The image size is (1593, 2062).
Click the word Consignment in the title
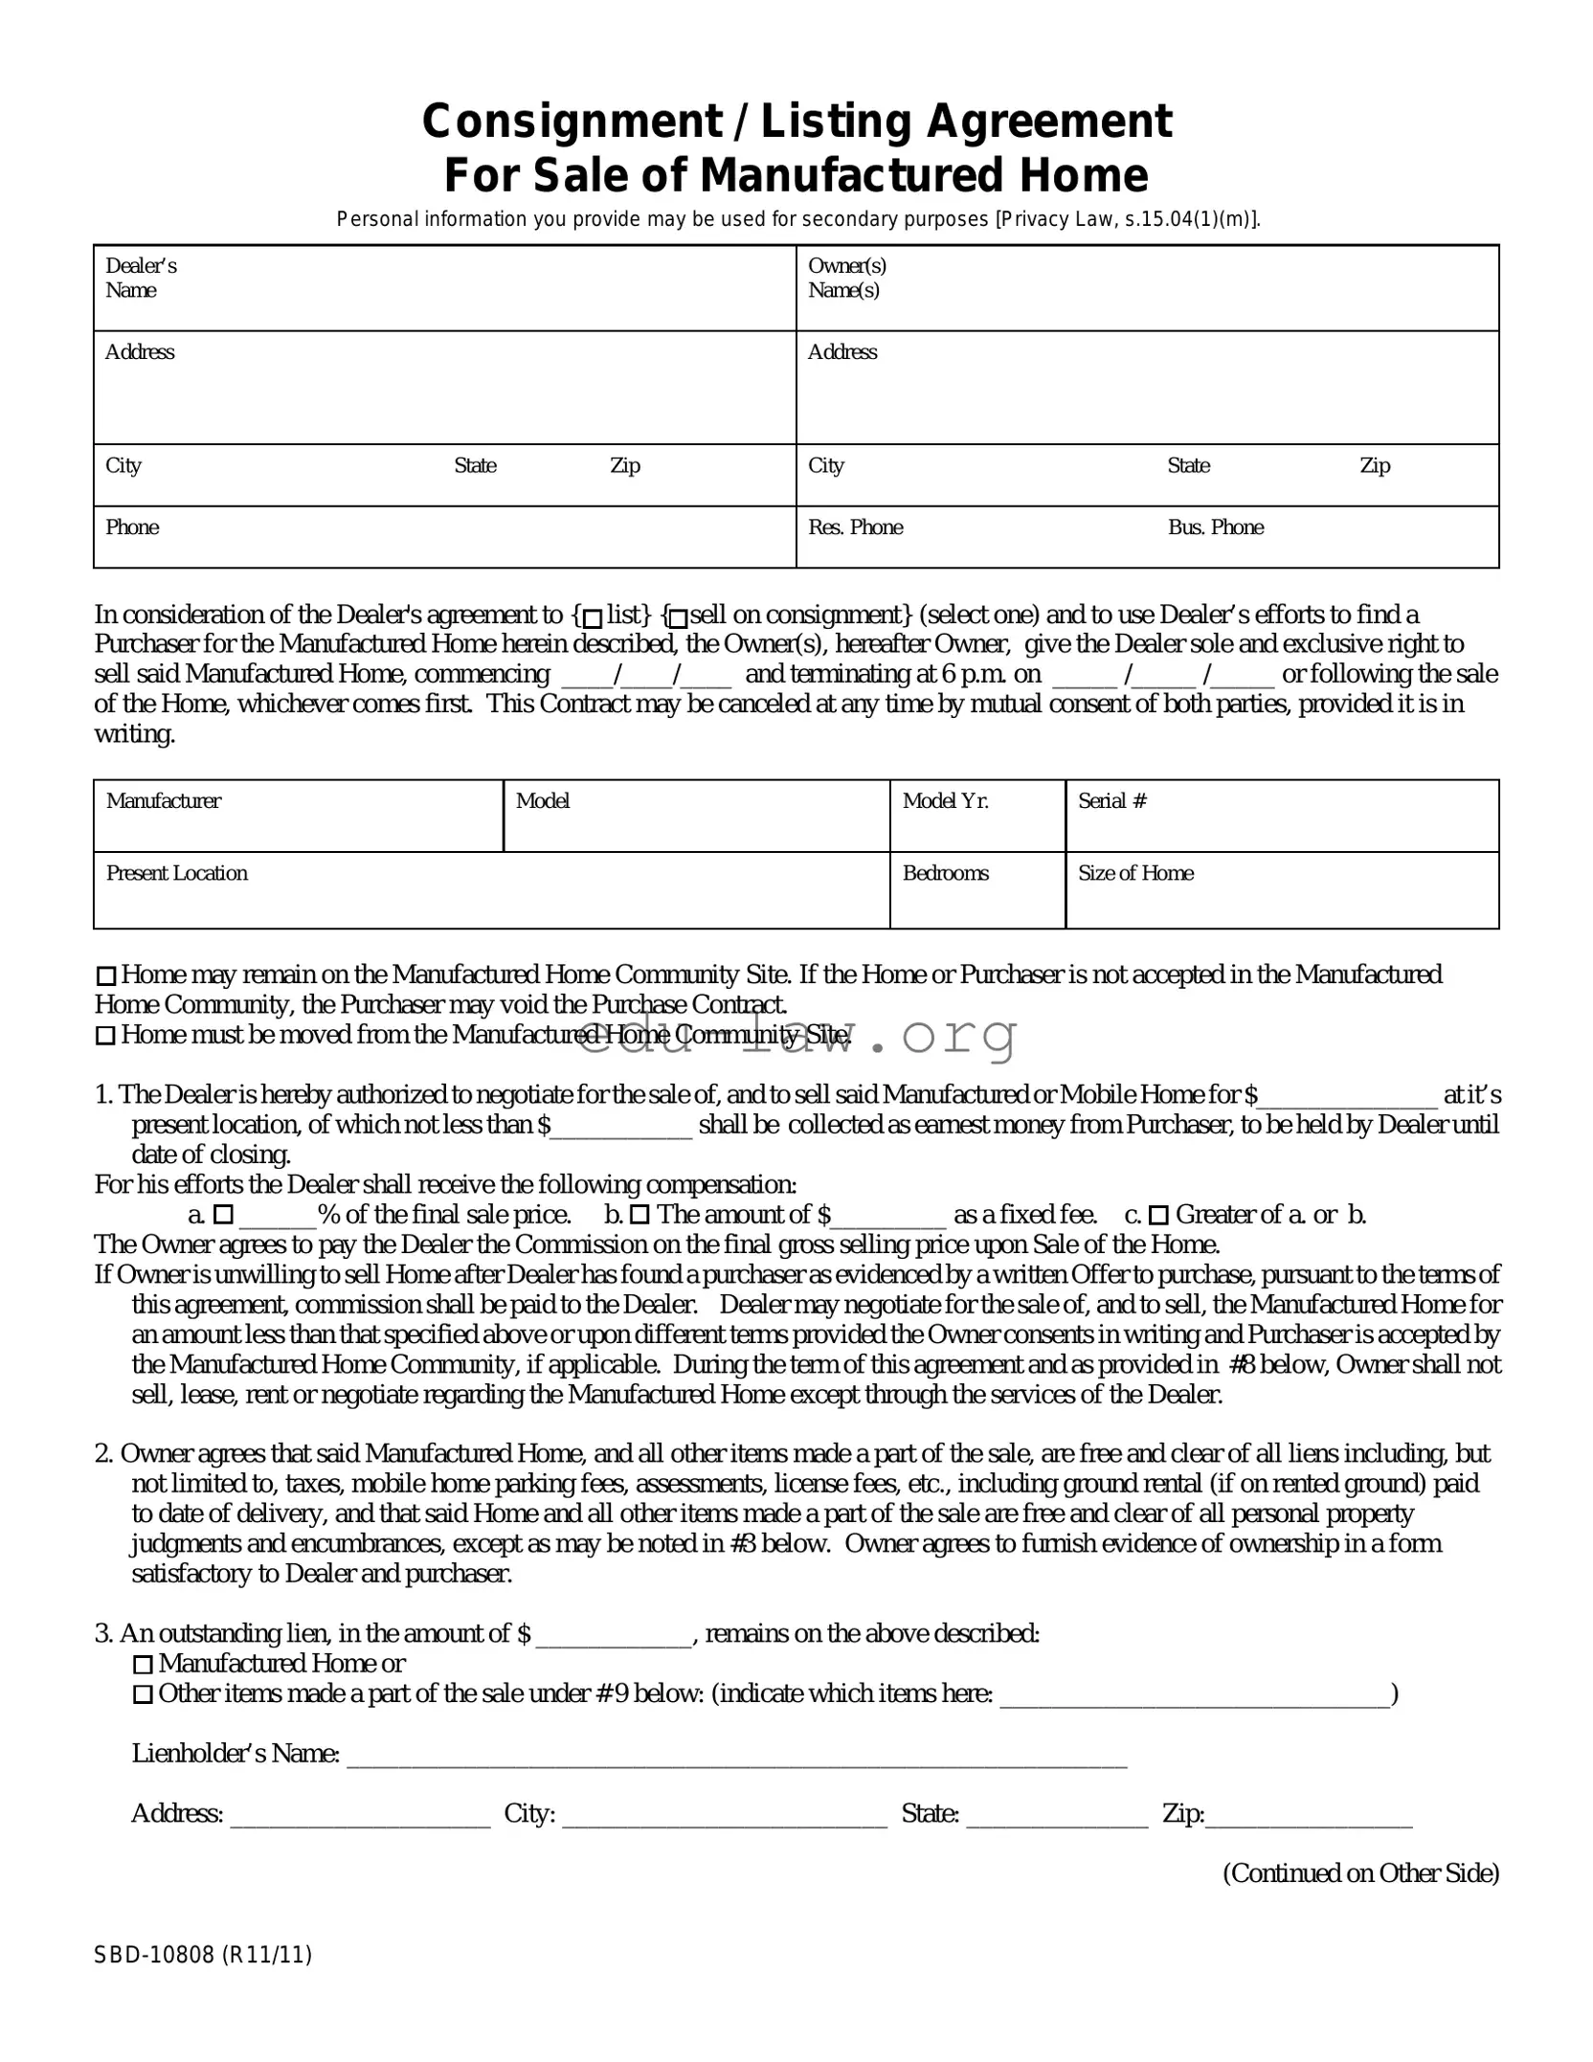click(x=572, y=122)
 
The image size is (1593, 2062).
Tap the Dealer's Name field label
click(x=141, y=278)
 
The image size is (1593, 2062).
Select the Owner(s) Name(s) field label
click(x=846, y=278)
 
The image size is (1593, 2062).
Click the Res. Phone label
click(x=855, y=527)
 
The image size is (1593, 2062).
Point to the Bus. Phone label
click(x=1215, y=527)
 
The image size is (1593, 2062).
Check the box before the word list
click(x=593, y=617)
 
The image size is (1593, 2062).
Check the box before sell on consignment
click(x=678, y=617)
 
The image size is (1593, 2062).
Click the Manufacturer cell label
click(x=164, y=801)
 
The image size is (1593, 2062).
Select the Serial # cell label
click(x=1111, y=801)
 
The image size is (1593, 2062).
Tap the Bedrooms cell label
click(x=945, y=873)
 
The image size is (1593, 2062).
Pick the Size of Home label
click(x=1135, y=873)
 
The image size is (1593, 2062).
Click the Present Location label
click(x=177, y=873)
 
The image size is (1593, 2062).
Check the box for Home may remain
click(x=106, y=976)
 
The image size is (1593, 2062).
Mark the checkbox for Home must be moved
click(x=106, y=1036)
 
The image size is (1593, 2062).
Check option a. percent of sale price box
click(x=223, y=1216)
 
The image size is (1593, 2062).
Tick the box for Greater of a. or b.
click(x=1158, y=1216)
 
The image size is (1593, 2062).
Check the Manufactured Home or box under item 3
click(x=143, y=1665)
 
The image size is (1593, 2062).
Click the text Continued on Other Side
click(x=1360, y=1873)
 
